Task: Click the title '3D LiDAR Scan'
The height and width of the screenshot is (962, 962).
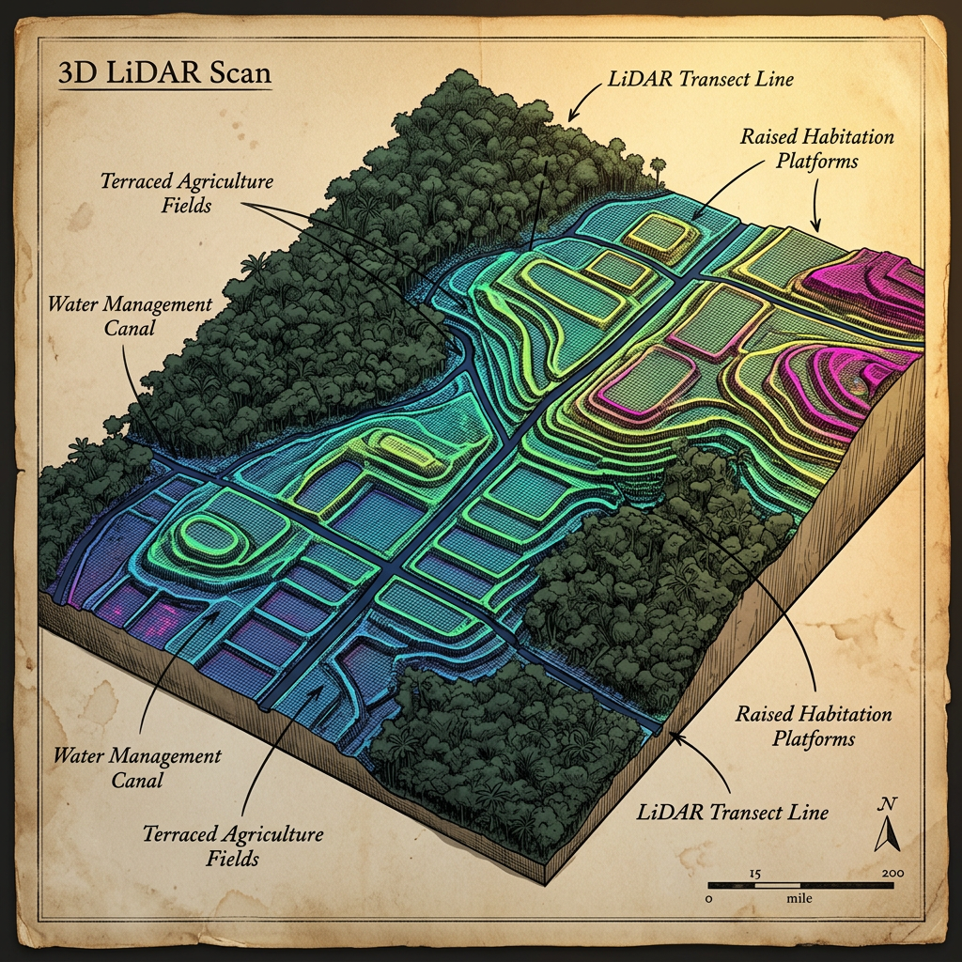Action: pyautogui.click(x=164, y=74)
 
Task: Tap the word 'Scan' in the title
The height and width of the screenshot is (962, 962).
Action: pyautogui.click(x=240, y=74)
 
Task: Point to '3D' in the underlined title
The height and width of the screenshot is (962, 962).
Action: pyautogui.click(x=76, y=74)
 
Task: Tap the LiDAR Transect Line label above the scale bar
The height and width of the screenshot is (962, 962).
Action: pyautogui.click(x=732, y=811)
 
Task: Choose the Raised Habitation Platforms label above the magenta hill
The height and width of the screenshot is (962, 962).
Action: pyautogui.click(x=816, y=148)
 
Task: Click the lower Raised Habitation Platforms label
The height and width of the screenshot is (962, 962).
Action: pyautogui.click(x=814, y=726)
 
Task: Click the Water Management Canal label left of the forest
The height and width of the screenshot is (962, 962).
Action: pyautogui.click(x=130, y=317)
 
